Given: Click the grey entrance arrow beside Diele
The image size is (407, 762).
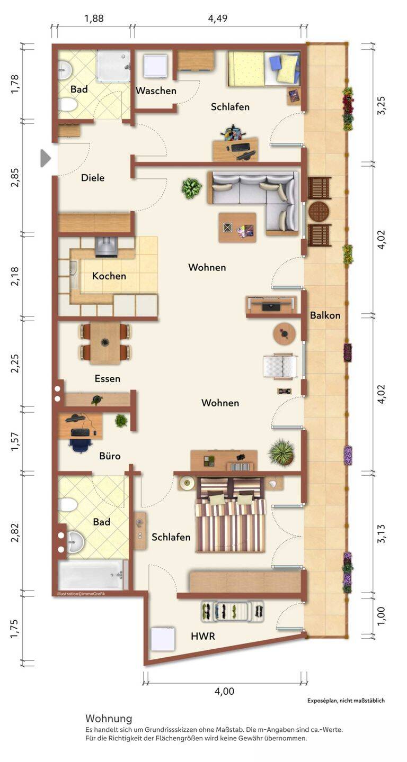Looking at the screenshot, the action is [x=46, y=158].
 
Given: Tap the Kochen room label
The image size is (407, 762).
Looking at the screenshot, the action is [x=109, y=276].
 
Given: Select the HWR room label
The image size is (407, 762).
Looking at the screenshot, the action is [x=203, y=636].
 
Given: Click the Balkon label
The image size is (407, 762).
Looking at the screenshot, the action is [x=325, y=315].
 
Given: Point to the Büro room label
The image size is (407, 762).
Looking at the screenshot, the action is [x=110, y=456].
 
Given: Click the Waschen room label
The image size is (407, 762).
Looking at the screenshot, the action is [x=156, y=90].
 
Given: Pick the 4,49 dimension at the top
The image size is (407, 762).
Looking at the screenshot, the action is [x=218, y=18].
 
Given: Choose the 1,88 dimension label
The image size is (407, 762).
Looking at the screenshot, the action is [x=94, y=18].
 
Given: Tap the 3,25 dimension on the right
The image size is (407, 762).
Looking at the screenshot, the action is [x=382, y=106].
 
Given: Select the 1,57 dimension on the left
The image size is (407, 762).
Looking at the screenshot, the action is [x=15, y=442].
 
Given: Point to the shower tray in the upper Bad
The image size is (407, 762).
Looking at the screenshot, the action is [x=113, y=66].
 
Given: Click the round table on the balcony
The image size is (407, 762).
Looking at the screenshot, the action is [x=319, y=211].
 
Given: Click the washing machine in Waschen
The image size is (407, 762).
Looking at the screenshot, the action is [x=155, y=66].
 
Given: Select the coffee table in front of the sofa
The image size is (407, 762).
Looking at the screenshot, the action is [x=237, y=228].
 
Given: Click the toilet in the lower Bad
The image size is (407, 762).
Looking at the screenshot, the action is [x=68, y=504].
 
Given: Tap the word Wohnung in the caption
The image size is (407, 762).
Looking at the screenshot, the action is [x=109, y=719].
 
